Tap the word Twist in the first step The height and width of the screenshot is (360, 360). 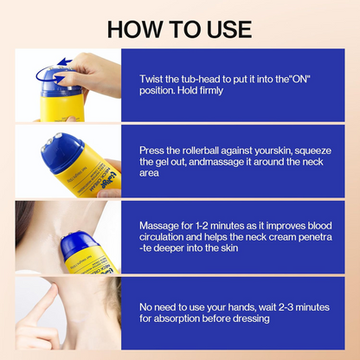[x=153, y=79]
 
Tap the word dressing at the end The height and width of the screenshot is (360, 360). [x=245, y=318]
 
